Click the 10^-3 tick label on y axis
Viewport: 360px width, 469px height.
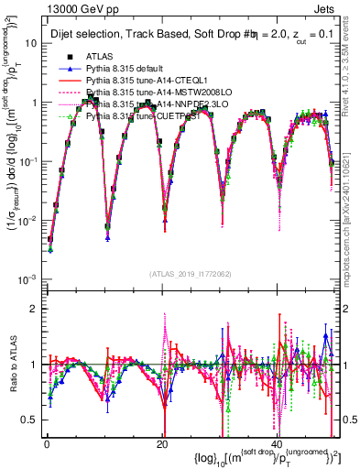(x=26, y=278)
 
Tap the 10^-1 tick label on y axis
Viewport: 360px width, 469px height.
(x=26, y=161)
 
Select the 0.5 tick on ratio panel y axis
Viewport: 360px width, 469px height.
(x=27, y=420)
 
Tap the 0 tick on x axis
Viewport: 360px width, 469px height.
(x=46, y=443)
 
